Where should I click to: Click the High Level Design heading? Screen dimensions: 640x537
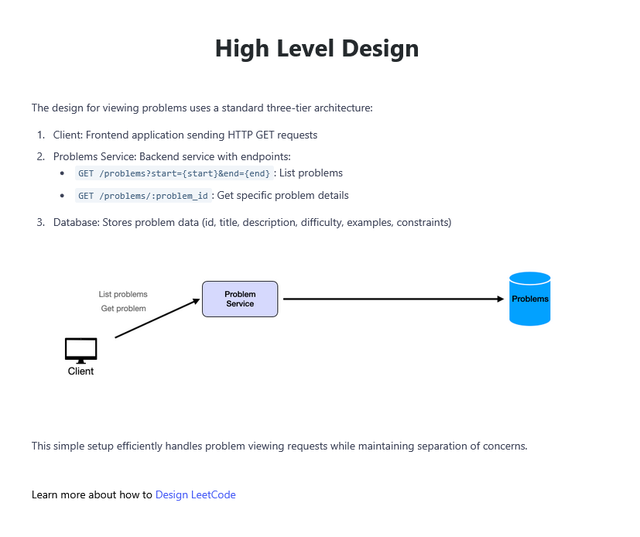[317, 49]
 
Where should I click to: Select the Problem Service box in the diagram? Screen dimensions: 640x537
[240, 299]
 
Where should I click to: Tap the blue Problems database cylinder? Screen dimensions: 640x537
[530, 299]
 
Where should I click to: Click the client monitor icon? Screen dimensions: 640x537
[80, 351]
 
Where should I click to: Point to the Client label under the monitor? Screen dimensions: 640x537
[80, 371]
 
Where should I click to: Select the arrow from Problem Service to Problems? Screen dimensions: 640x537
[393, 299]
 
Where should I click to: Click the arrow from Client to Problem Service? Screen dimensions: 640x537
[158, 318]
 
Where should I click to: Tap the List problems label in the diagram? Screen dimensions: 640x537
[123, 294]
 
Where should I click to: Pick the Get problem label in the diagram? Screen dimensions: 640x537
[123, 309]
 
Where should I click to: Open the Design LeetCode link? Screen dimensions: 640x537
[196, 495]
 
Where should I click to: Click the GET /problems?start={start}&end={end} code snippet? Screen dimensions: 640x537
[174, 173]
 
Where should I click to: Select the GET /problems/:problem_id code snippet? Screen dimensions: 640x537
[143, 196]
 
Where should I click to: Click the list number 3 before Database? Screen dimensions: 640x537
[40, 222]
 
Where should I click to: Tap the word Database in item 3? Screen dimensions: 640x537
[77, 222]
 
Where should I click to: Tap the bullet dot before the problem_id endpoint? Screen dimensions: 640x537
[62, 196]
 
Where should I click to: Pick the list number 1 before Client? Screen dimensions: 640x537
[40, 135]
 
